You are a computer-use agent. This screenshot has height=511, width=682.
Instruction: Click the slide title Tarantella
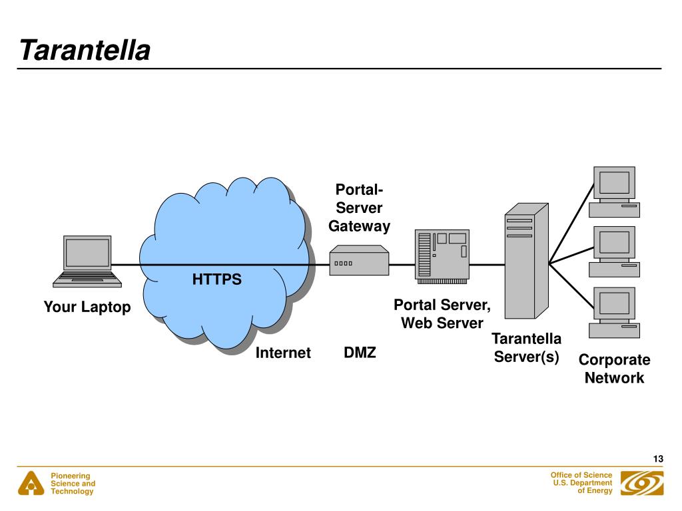pos(85,50)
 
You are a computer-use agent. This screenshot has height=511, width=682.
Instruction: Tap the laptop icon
pos(87,261)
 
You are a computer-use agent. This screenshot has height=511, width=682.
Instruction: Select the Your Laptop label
pos(87,307)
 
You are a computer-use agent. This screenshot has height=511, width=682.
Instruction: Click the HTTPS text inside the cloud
pos(216,279)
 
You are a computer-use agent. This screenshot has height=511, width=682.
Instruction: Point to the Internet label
pos(283,353)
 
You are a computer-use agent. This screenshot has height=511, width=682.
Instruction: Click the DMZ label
pos(360,353)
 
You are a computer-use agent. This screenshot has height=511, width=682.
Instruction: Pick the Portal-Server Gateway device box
pos(359,260)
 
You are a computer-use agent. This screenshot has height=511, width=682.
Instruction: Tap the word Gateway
pos(359,226)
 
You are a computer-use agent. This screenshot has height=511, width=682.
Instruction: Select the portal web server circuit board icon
pos(442,256)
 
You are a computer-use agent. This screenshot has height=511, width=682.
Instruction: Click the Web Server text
pos(442,323)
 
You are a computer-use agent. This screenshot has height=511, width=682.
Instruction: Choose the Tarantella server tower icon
pos(526,261)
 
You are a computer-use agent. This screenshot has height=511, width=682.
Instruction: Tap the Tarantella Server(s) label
pos(526,347)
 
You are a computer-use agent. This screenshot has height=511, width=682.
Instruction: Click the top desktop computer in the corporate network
pos(614,192)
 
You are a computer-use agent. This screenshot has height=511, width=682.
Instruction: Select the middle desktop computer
pos(614,252)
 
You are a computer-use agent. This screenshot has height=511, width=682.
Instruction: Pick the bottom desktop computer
pos(614,313)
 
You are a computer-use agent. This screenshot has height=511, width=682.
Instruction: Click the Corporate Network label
pos(614,369)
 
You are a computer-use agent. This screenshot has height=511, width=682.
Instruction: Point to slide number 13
pos(658,459)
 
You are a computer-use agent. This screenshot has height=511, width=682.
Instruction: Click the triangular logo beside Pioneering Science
pos(31,484)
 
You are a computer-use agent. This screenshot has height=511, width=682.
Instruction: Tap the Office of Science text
pos(581,475)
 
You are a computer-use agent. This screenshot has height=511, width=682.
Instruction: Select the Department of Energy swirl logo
pos(642,483)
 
